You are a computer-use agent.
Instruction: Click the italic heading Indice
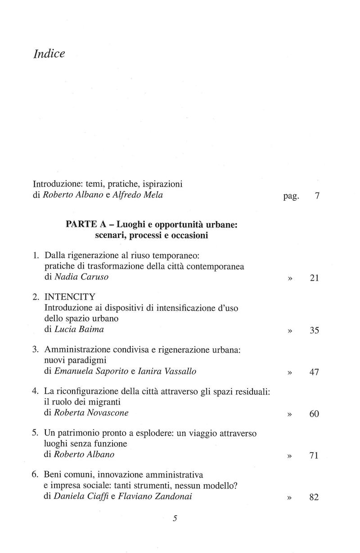49,54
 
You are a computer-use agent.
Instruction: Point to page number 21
315,279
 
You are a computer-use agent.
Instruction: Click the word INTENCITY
70,297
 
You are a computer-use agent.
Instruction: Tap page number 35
315,331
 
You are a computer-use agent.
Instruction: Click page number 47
315,373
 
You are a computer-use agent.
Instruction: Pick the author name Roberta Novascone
91,413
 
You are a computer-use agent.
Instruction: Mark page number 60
315,414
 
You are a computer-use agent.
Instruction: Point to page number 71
315,456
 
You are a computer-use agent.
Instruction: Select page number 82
315,497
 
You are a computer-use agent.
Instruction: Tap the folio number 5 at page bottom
175,531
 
